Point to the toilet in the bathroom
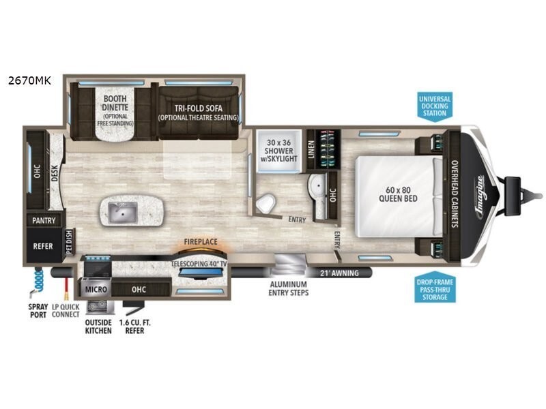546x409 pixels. [x=267, y=201]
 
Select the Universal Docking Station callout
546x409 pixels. [x=435, y=106]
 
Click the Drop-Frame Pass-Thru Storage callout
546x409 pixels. [x=435, y=288]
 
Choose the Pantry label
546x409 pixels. [x=43, y=221]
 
